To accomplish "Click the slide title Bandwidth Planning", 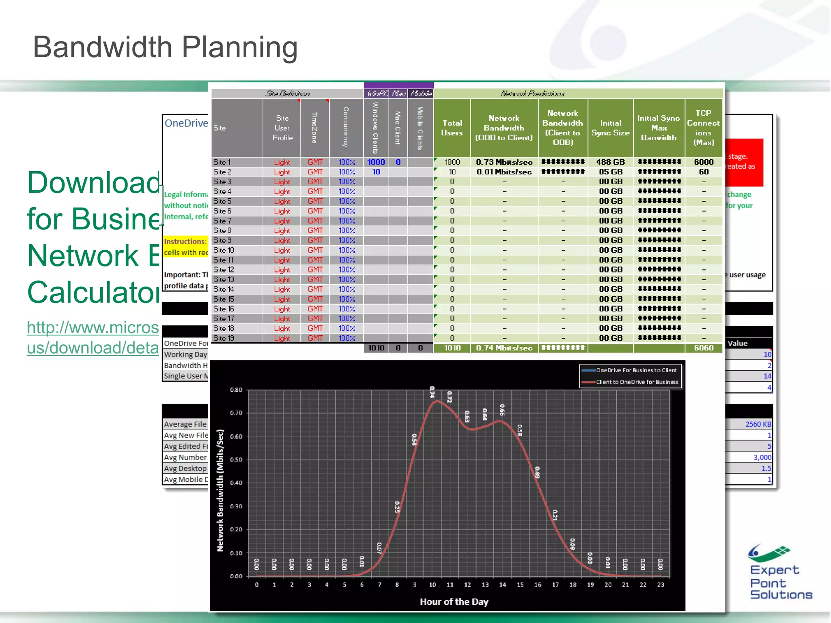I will coord(165,47).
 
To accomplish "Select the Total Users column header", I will coord(452,128).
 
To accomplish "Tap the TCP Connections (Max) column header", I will coord(703,128).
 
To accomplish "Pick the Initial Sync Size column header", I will coord(610,128).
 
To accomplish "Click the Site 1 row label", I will coord(222,162).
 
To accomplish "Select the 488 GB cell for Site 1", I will coord(610,162).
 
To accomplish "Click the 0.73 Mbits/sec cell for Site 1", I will coord(504,162).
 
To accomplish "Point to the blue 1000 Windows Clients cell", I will coord(376,162).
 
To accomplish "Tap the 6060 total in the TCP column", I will coord(703,348).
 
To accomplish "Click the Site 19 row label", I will coord(224,338).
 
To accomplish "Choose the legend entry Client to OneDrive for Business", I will coord(637,382).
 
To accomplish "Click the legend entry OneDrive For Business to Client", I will coord(636,370).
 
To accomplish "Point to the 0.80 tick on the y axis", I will coord(236,390).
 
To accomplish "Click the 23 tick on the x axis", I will coord(661,585).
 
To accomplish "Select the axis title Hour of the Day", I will coord(454,602).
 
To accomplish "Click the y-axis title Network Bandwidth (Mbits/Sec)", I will coord(220,490).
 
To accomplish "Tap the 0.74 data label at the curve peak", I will coord(432,392).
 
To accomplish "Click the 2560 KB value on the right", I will coord(758,424).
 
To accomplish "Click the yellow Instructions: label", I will coord(185,242).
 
